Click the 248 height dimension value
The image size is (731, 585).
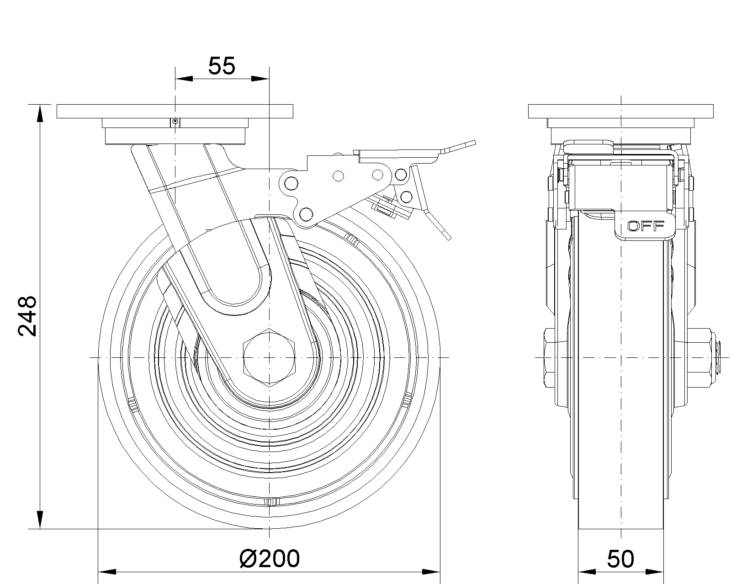click(x=27, y=316)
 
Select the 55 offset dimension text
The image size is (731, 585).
click(x=222, y=66)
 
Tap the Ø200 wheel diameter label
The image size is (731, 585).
click(x=270, y=558)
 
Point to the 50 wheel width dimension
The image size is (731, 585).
click(x=620, y=559)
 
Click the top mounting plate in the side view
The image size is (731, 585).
click(x=620, y=111)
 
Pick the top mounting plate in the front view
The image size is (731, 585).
click(x=175, y=111)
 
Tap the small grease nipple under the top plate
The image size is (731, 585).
click(x=175, y=122)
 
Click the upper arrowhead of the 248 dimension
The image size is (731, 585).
click(x=40, y=113)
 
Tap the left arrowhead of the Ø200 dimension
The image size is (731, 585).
click(x=107, y=572)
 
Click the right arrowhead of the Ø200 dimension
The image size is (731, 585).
click(x=431, y=572)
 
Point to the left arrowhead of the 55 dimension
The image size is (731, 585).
click(x=184, y=79)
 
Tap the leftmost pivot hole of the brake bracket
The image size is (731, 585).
click(x=291, y=184)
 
